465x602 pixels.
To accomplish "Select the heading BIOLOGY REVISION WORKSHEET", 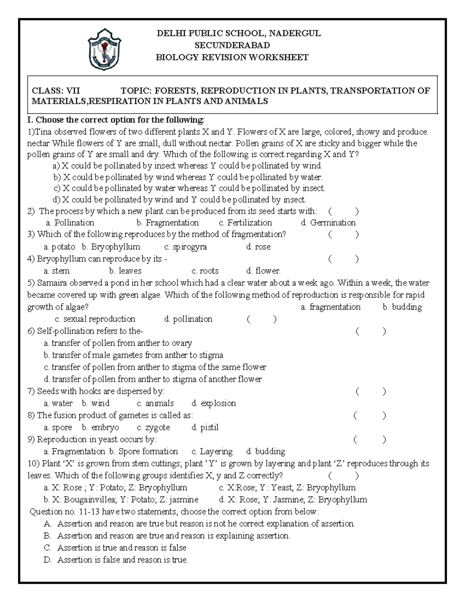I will pyautogui.click(x=232, y=57).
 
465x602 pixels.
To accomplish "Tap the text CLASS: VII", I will pyautogui.click(x=56, y=91).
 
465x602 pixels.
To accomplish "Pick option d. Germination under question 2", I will pyautogui.click(x=328, y=223).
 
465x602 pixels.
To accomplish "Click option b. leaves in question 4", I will pyautogui.click(x=125, y=271).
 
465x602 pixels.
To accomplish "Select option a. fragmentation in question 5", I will pyautogui.click(x=331, y=307).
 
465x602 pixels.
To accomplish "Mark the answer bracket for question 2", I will pyautogui.click(x=343, y=211).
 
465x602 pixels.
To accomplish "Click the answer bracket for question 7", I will pyautogui.click(x=370, y=392).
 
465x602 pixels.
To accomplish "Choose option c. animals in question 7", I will pyautogui.click(x=155, y=403).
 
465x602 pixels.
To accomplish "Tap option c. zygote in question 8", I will pyautogui.click(x=153, y=427).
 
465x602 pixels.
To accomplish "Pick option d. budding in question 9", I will pyautogui.click(x=265, y=451).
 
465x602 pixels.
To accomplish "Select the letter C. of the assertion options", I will pyautogui.click(x=48, y=548).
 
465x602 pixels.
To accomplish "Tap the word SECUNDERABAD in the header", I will pyautogui.click(x=232, y=45).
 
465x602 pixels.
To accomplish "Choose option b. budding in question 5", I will pyautogui.click(x=402, y=307).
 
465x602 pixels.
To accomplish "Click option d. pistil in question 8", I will pyautogui.click(x=205, y=427).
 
